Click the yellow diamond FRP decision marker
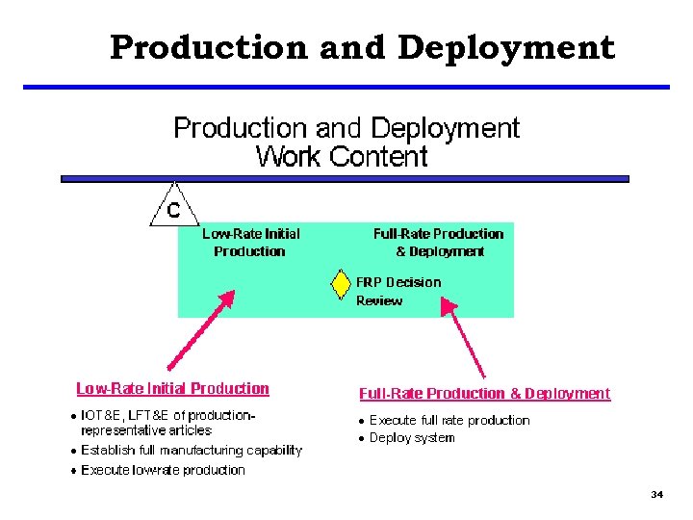click(340, 285)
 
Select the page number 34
click(656, 494)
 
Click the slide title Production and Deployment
click(361, 46)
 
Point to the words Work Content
click(342, 156)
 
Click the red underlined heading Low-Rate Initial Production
click(173, 389)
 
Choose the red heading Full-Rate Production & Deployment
click(484, 393)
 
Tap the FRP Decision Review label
click(398, 291)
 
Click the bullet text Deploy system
click(412, 438)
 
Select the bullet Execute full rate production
click(449, 420)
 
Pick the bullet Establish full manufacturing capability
click(192, 450)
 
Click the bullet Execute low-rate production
click(163, 470)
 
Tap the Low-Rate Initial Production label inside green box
click(250, 242)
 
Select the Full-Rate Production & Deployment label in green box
click(438, 242)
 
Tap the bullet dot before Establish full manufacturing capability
click(73, 451)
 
